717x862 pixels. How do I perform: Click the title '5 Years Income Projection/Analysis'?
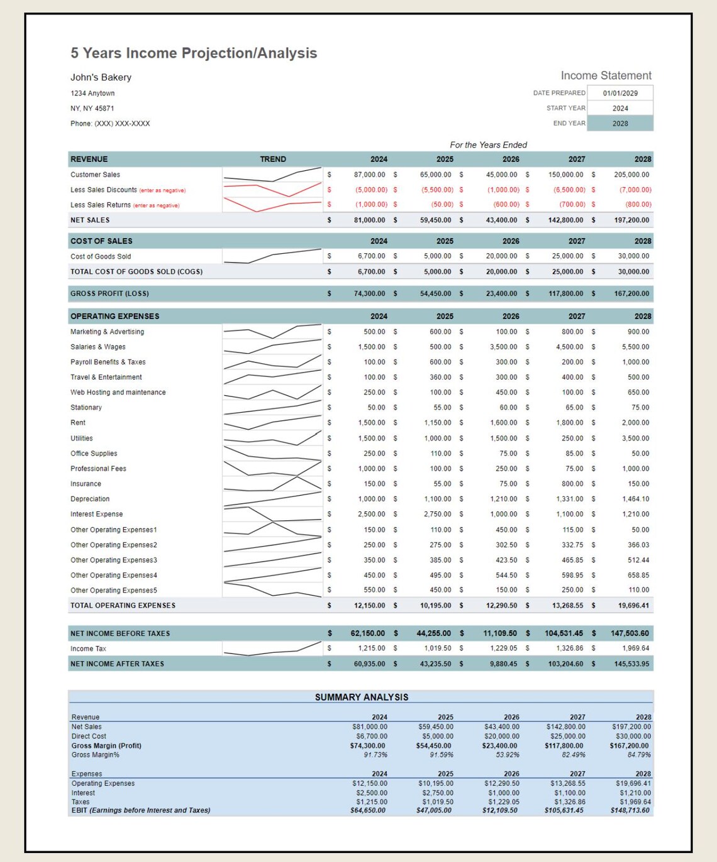click(194, 53)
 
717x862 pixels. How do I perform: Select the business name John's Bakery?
click(101, 77)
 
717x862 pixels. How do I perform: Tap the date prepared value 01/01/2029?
click(620, 93)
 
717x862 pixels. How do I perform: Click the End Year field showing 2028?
click(620, 124)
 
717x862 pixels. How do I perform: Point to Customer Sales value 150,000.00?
click(565, 175)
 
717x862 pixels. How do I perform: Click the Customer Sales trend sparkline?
click(272, 175)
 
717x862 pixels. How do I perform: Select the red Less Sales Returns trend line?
click(272, 205)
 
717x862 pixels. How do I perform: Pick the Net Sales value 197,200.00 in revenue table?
click(631, 221)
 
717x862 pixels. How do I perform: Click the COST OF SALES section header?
click(101, 241)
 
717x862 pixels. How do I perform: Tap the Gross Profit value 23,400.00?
click(499, 294)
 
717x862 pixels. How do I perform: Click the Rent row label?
click(78, 423)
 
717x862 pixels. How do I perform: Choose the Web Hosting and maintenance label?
click(118, 393)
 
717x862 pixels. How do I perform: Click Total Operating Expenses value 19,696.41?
click(633, 606)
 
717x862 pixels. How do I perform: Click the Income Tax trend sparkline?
click(272, 649)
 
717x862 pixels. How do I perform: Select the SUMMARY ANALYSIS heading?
click(362, 697)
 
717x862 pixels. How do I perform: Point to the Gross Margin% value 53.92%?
click(507, 755)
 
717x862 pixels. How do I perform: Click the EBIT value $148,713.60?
click(630, 810)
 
